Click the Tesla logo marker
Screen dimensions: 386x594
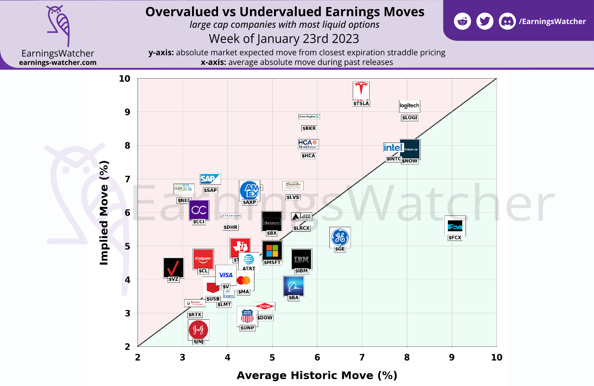(361, 91)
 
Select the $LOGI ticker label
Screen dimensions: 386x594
(409, 118)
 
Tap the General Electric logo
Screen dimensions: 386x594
(340, 237)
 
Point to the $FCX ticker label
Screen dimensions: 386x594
(455, 238)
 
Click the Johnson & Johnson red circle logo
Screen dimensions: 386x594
(198, 329)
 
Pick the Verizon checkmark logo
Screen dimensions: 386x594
(173, 267)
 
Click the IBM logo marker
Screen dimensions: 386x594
(301, 259)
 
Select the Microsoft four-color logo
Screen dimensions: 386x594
(272, 250)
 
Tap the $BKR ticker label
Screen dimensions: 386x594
(309, 128)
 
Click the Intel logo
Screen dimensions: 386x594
(393, 148)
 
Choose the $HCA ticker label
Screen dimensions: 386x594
(308, 156)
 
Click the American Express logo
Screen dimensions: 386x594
(250, 190)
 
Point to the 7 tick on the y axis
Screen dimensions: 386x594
(128, 179)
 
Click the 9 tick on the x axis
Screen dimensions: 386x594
(452, 357)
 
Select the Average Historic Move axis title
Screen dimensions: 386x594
(317, 375)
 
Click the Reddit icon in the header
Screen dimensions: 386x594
(462, 22)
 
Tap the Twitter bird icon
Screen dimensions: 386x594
(485, 22)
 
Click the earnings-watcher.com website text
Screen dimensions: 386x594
(58, 62)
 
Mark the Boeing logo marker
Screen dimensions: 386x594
(293, 286)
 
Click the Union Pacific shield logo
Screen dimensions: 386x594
(247, 316)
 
